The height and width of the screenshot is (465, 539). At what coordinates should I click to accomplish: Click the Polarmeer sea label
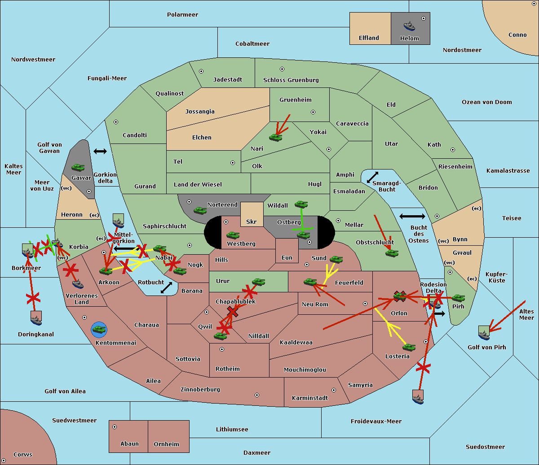click(x=182, y=15)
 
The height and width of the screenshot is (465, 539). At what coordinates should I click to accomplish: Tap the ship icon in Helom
click(x=409, y=26)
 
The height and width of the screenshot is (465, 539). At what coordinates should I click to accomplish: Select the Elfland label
click(x=369, y=38)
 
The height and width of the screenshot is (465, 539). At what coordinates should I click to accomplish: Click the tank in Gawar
click(x=78, y=167)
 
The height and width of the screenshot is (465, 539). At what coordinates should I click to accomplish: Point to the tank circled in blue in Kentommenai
click(x=99, y=330)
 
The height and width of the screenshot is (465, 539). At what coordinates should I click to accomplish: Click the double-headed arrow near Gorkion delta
click(x=100, y=152)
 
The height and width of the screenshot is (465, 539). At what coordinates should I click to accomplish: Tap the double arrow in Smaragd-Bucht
click(x=372, y=178)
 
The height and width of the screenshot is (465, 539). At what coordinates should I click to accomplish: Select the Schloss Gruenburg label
click(x=291, y=80)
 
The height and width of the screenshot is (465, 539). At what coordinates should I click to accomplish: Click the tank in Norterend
click(x=200, y=210)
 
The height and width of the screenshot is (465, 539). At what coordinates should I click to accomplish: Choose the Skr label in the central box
click(x=252, y=222)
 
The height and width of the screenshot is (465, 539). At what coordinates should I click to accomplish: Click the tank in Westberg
click(x=233, y=235)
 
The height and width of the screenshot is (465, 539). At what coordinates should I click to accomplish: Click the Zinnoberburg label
click(x=200, y=390)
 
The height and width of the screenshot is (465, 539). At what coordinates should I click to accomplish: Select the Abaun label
click(x=129, y=444)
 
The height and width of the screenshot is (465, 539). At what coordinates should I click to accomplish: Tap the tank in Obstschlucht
click(x=392, y=253)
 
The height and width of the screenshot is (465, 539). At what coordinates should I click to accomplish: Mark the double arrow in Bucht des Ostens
click(x=412, y=217)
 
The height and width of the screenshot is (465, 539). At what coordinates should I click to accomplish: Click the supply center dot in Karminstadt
click(x=334, y=390)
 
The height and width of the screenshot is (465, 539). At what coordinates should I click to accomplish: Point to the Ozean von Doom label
click(x=486, y=102)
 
